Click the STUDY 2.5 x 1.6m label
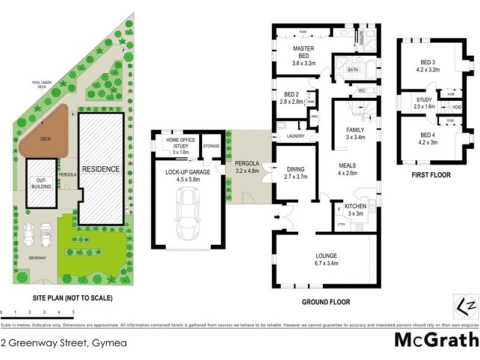click(423, 103)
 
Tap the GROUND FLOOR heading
click(325, 302)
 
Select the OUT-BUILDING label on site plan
click(41, 182)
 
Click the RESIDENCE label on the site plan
click(101, 169)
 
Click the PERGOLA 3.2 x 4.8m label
click(247, 167)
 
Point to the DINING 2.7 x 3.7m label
click(295, 173)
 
